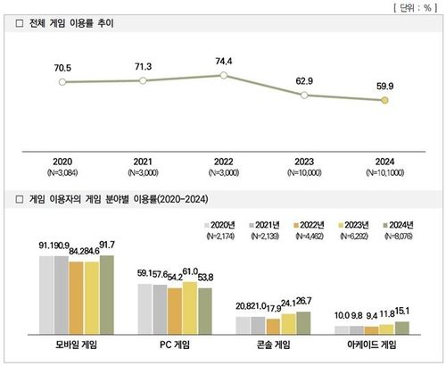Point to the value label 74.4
click(x=223, y=60)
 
